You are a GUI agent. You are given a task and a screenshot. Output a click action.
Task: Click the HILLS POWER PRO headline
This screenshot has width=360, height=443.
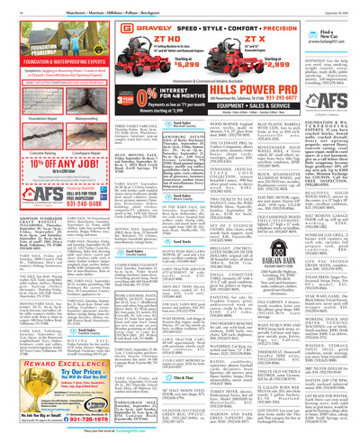(x=224, y=91)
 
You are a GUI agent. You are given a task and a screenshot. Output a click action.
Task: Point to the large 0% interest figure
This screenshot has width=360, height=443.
(x=112, y=95)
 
